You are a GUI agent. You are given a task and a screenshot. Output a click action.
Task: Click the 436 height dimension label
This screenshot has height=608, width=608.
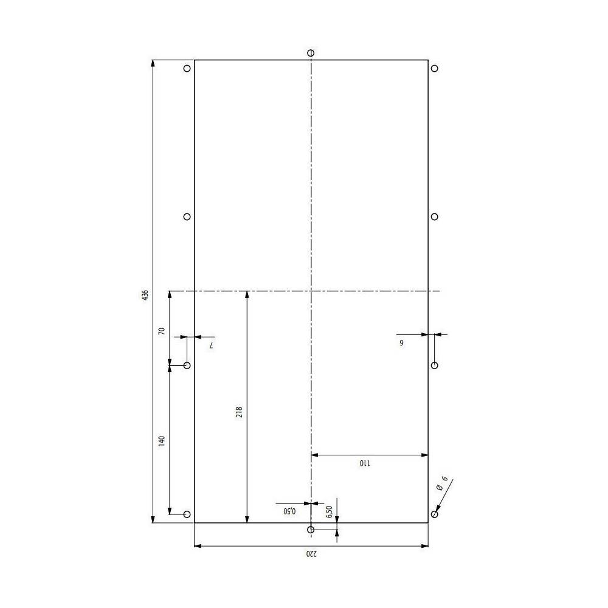coord(145,295)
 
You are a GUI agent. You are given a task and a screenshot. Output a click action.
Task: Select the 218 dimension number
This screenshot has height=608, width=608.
coord(239,412)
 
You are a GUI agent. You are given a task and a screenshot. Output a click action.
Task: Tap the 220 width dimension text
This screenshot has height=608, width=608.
coord(311,554)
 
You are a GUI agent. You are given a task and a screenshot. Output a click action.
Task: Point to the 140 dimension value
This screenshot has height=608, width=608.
coord(162,440)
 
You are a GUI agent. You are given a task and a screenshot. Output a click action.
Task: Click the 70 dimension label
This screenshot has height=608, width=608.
coord(162,331)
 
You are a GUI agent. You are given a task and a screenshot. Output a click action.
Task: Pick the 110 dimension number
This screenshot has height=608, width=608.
coord(365,463)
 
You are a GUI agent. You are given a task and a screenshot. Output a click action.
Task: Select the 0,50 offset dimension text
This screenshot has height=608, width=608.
coord(289,511)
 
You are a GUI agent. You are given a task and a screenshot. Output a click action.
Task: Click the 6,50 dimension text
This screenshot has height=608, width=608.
coord(329,512)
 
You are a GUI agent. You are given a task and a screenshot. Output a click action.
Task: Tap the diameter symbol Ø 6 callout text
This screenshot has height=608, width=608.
coord(441,483)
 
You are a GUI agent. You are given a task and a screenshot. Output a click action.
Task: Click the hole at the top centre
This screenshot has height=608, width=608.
coord(311,53)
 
